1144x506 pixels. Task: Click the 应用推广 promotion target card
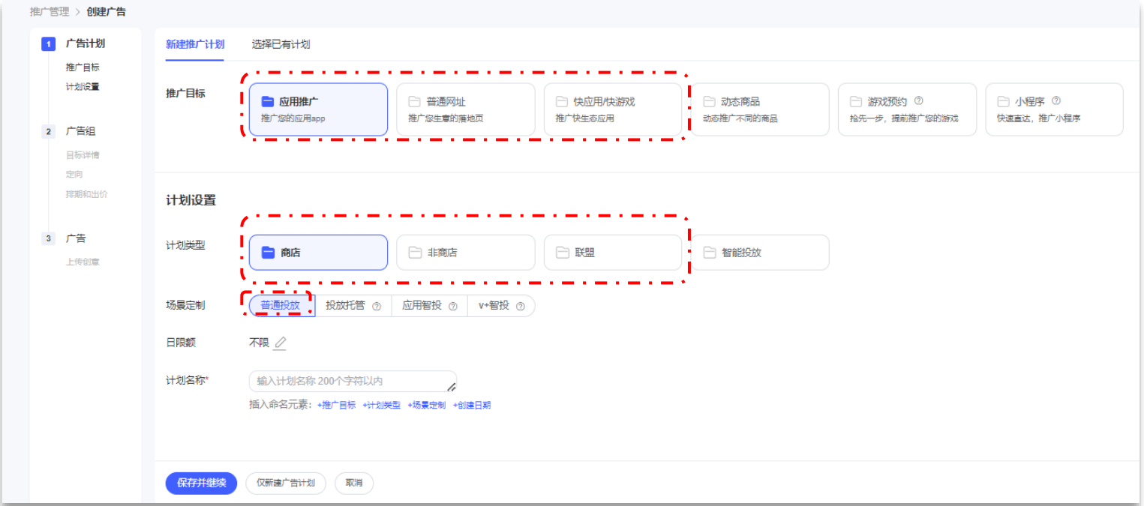[318, 109]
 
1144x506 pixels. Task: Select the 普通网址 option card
[465, 109]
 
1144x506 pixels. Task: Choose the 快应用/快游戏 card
[612, 109]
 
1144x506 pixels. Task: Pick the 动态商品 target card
[759, 109]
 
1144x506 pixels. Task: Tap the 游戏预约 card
[906, 109]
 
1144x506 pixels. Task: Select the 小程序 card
[1053, 109]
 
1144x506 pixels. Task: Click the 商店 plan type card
[318, 253]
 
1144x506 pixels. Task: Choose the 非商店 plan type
[465, 253]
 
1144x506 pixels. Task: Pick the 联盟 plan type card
[612, 253]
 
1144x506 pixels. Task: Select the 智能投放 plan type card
[759, 253]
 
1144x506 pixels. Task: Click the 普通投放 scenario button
[281, 306]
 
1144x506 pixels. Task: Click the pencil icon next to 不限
[280, 343]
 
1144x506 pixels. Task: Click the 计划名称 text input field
[353, 382]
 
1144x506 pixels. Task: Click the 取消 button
[354, 484]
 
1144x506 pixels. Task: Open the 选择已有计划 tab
[281, 44]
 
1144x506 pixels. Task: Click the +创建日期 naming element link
[471, 406]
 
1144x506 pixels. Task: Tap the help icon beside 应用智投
[453, 307]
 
